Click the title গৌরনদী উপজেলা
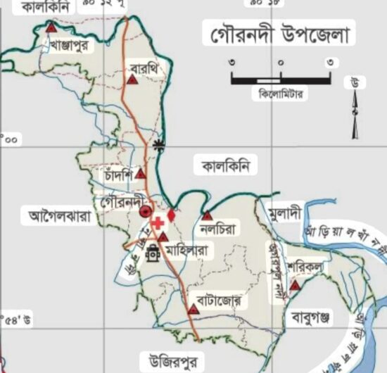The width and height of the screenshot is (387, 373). tap(279, 34)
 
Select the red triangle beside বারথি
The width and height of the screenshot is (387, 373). tap(131, 80)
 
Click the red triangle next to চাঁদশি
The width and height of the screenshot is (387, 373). tap(141, 173)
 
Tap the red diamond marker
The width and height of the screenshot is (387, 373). tap(171, 213)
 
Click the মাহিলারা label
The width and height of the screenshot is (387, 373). tap(186, 249)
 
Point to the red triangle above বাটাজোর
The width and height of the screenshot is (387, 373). tap(193, 309)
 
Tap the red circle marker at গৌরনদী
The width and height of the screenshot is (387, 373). tap(146, 211)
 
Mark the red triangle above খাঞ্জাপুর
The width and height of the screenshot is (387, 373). tap(51, 29)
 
